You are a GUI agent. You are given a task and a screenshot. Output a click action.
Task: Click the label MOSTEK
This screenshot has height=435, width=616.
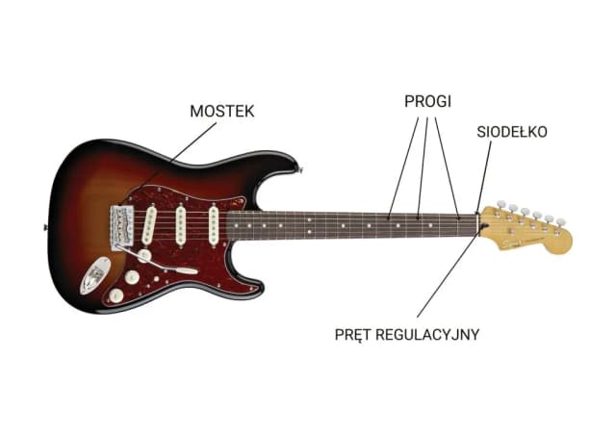pyautogui.click(x=221, y=112)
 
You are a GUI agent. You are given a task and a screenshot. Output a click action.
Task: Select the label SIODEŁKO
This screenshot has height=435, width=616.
pyautogui.click(x=511, y=131)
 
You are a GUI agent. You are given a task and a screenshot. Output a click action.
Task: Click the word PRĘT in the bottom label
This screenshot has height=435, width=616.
pyautogui.click(x=353, y=334)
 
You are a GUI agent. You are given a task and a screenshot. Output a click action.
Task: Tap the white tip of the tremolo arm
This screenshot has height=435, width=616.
pyautogui.click(x=190, y=271)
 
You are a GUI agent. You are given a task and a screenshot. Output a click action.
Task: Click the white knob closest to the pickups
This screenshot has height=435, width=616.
pyautogui.click(x=144, y=255)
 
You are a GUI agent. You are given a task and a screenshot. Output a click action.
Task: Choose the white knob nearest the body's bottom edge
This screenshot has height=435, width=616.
pyautogui.click(x=117, y=295)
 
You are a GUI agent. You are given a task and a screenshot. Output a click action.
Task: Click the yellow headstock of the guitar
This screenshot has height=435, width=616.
pyautogui.click(x=529, y=228)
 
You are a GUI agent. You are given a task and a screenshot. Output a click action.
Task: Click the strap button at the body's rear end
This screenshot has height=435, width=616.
pyautogui.click(x=45, y=227)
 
